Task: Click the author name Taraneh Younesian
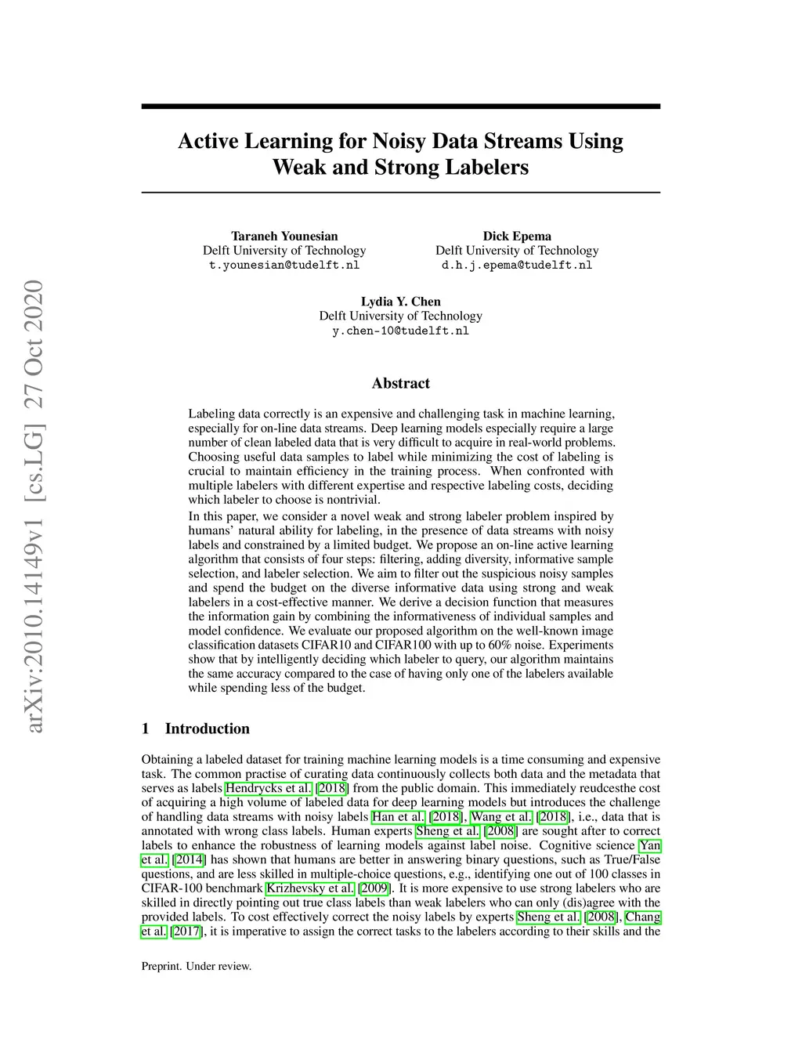[x=284, y=236]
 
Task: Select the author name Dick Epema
[x=517, y=236]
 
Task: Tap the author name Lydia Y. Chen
[x=400, y=302]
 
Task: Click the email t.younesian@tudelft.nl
[x=284, y=265]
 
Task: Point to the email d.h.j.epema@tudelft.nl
[x=517, y=265]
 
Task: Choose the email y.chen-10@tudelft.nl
[x=400, y=331]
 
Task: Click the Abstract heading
[x=400, y=383]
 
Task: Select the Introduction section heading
[x=207, y=729]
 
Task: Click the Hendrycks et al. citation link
[x=269, y=788]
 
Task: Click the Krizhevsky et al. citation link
[x=310, y=888]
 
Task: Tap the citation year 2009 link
[x=374, y=888]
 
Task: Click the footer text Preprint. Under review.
[x=197, y=966]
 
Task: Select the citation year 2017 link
[x=186, y=931]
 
